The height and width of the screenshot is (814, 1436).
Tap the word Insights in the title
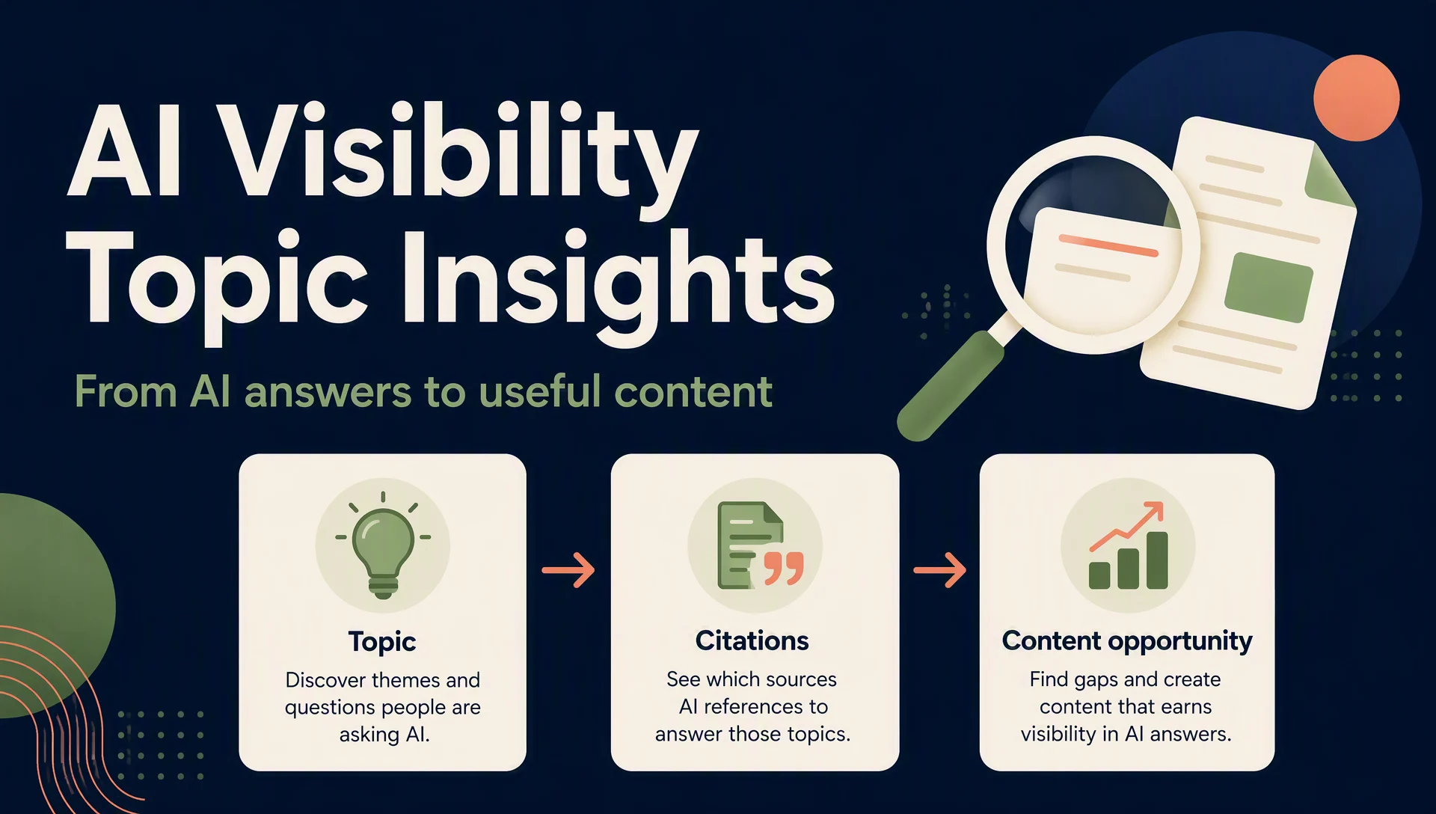pos(618,284)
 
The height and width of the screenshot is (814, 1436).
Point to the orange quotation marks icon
pos(783,569)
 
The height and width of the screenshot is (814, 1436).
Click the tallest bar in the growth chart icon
pos(1157,560)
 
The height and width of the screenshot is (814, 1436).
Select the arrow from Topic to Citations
pos(568,570)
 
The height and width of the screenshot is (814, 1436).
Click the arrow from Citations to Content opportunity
pos(939,570)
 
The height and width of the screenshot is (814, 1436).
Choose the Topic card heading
pos(382,642)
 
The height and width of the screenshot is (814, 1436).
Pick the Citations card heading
pos(752,640)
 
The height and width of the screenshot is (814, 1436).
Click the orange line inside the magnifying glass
pos(1108,245)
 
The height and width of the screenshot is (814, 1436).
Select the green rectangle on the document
pos(1268,287)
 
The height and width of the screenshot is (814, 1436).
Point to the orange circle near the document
pos(1356,98)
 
